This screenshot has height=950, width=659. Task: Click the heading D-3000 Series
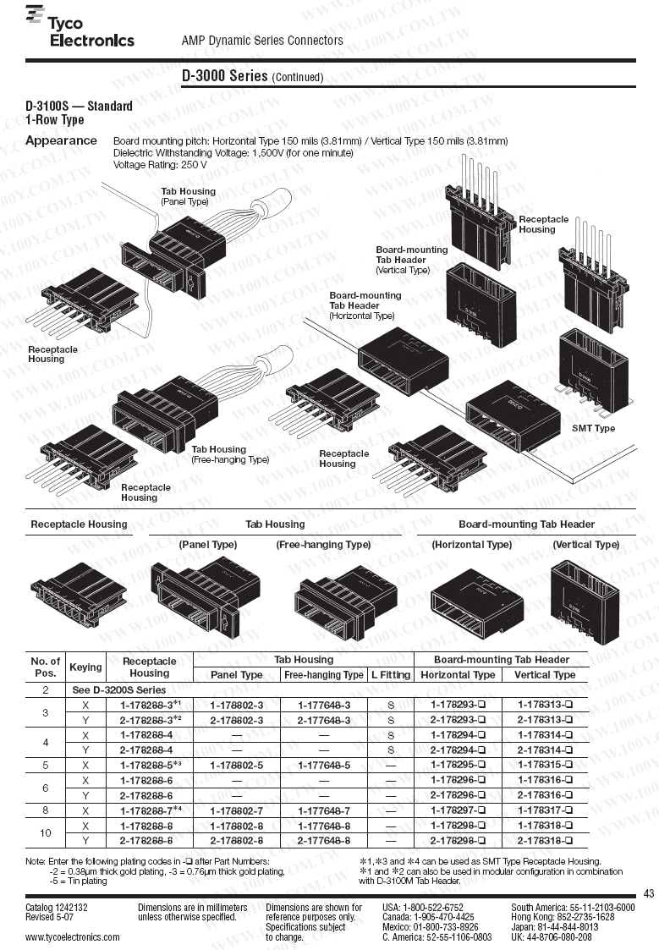click(225, 75)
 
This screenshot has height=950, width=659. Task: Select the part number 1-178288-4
click(146, 734)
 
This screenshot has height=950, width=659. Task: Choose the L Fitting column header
click(391, 674)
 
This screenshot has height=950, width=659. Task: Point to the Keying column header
click(85, 667)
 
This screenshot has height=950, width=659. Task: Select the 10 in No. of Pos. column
click(45, 832)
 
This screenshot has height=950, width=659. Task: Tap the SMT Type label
click(593, 428)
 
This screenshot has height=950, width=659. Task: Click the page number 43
click(649, 893)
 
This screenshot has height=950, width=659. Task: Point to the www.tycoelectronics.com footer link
click(73, 937)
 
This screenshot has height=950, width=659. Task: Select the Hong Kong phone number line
click(563, 917)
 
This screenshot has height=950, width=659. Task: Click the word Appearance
click(61, 140)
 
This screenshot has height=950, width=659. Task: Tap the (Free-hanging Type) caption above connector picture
click(323, 545)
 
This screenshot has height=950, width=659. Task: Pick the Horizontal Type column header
click(458, 674)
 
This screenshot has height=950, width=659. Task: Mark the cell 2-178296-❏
click(458, 795)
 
